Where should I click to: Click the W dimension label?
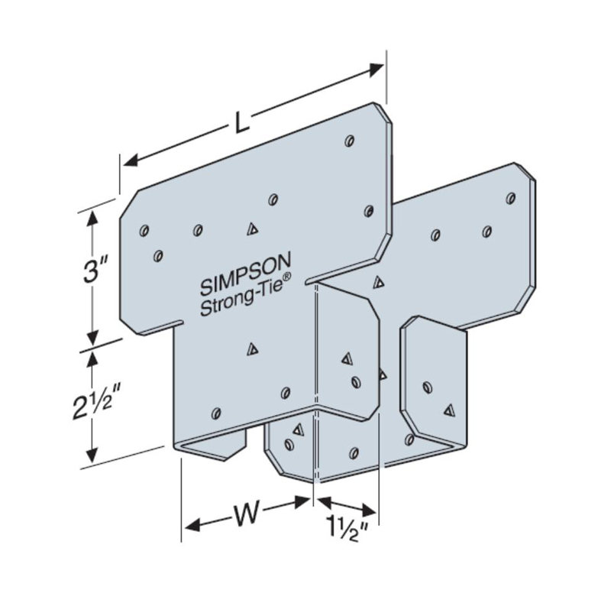point(245,514)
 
